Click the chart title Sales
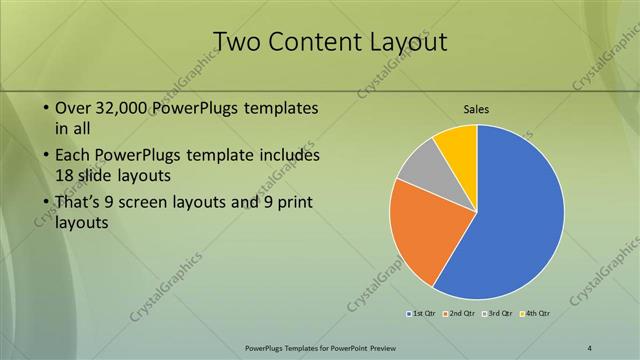coord(477,109)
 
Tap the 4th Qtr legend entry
coord(535,314)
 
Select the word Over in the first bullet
coord(73,107)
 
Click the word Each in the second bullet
coord(74,155)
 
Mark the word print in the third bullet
coord(292,203)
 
